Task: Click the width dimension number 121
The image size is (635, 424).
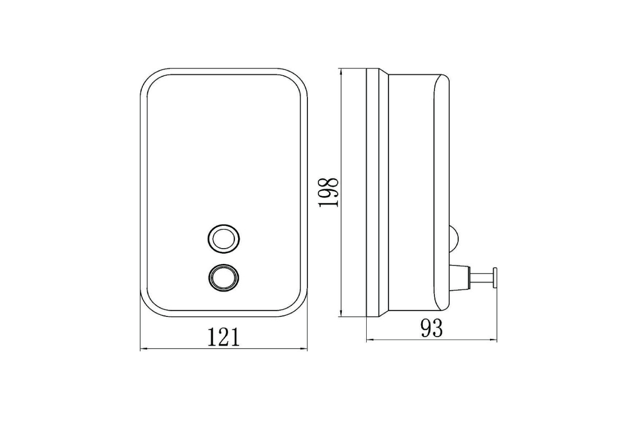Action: (x=224, y=337)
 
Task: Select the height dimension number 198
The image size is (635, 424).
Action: (x=328, y=192)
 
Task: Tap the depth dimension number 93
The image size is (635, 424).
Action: (x=431, y=328)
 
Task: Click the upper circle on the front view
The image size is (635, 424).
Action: (x=224, y=239)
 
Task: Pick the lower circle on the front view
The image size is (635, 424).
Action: (x=224, y=278)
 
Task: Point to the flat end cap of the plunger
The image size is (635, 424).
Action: (x=495, y=277)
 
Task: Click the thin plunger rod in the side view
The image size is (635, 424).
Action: (x=482, y=277)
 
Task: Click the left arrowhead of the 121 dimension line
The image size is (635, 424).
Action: (x=144, y=349)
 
